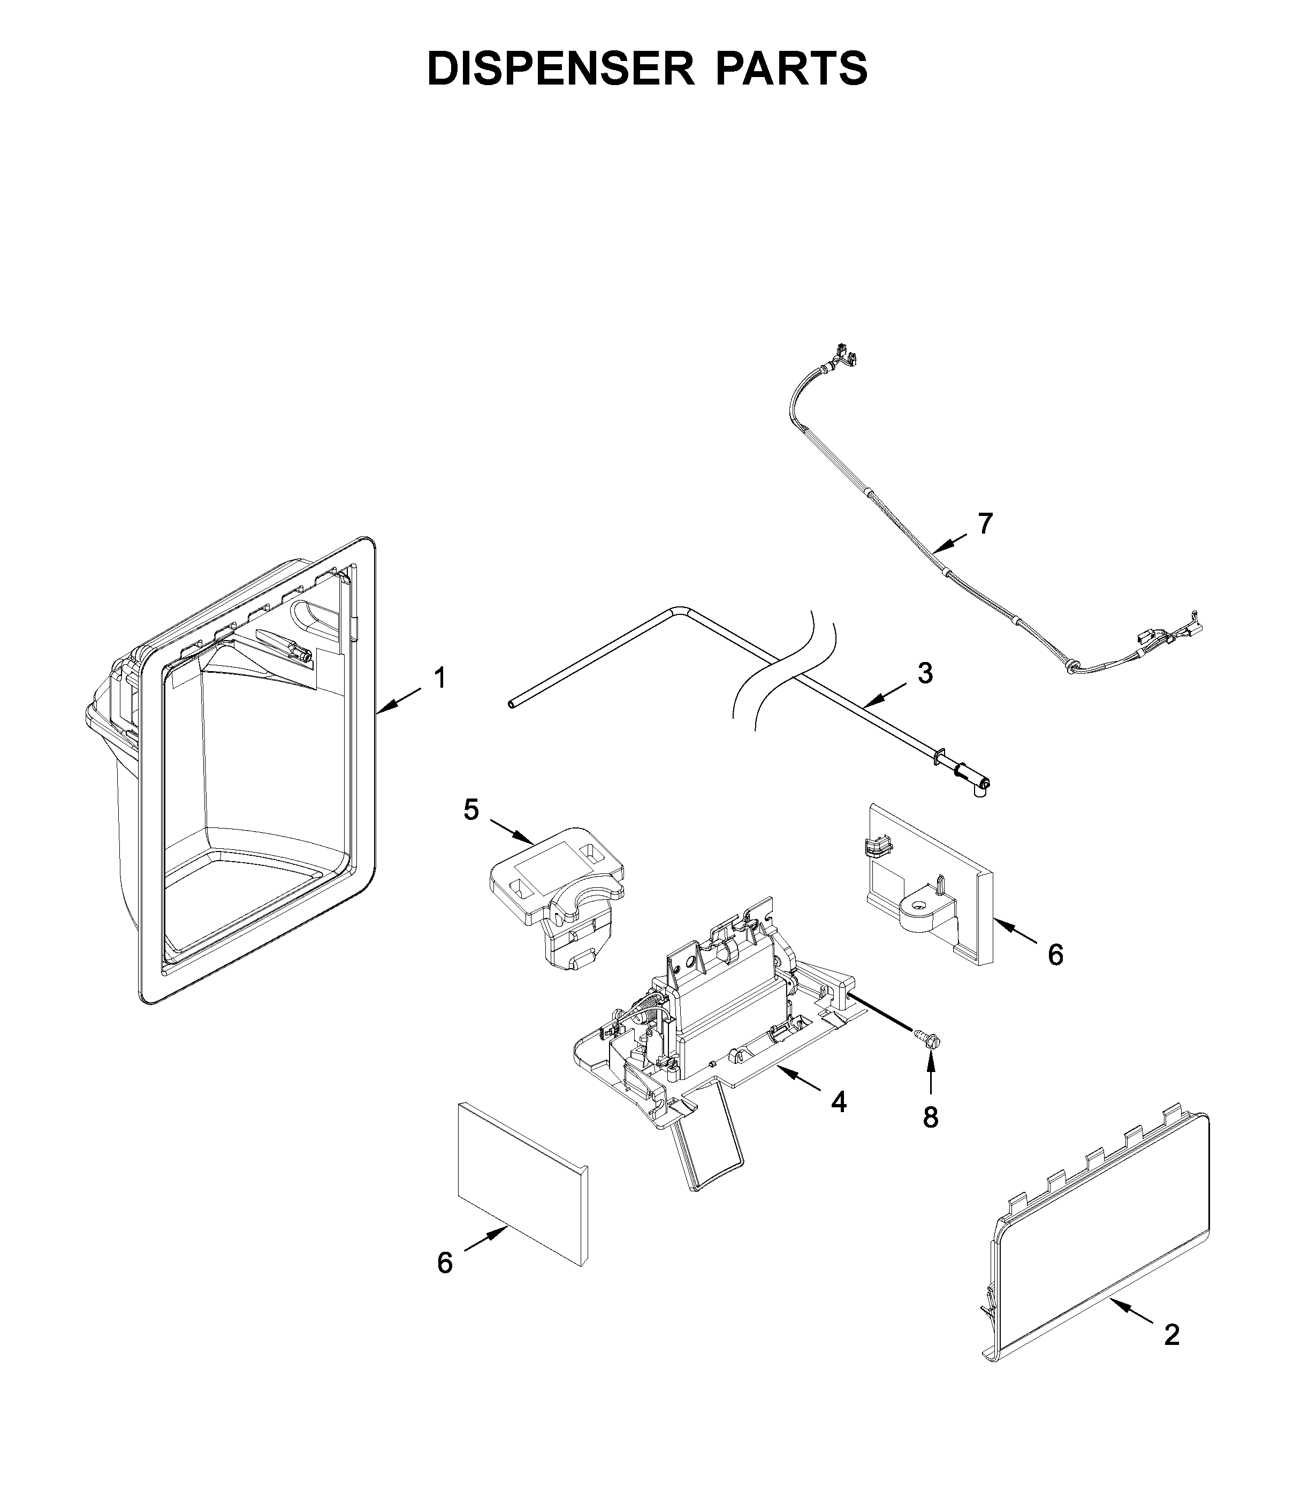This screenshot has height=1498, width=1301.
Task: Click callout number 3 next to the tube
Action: pyautogui.click(x=924, y=673)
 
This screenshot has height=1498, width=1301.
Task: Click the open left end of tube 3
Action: pyautogui.click(x=511, y=704)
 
